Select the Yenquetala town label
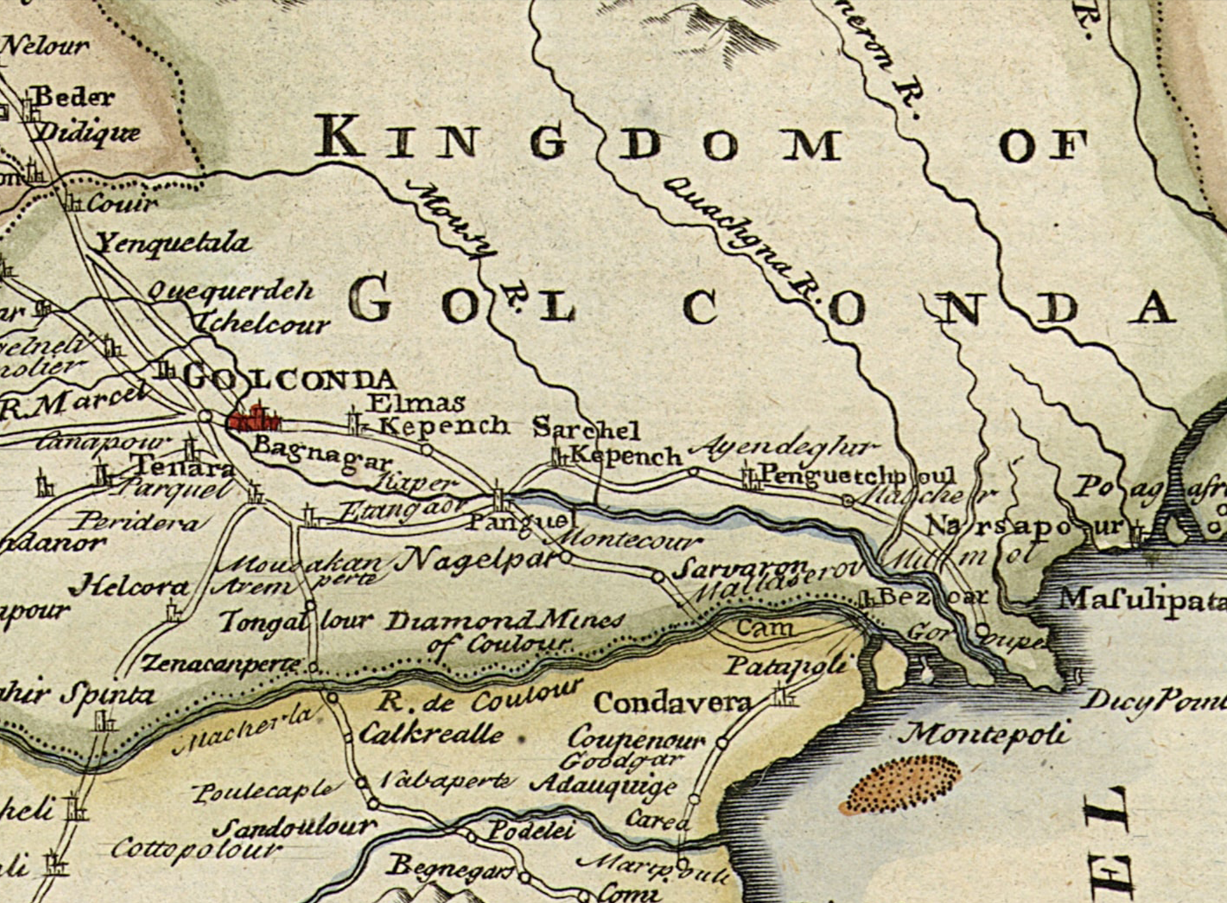(173, 244)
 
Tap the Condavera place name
(673, 703)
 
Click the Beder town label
(74, 97)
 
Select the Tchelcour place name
(264, 324)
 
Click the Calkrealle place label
(431, 734)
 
